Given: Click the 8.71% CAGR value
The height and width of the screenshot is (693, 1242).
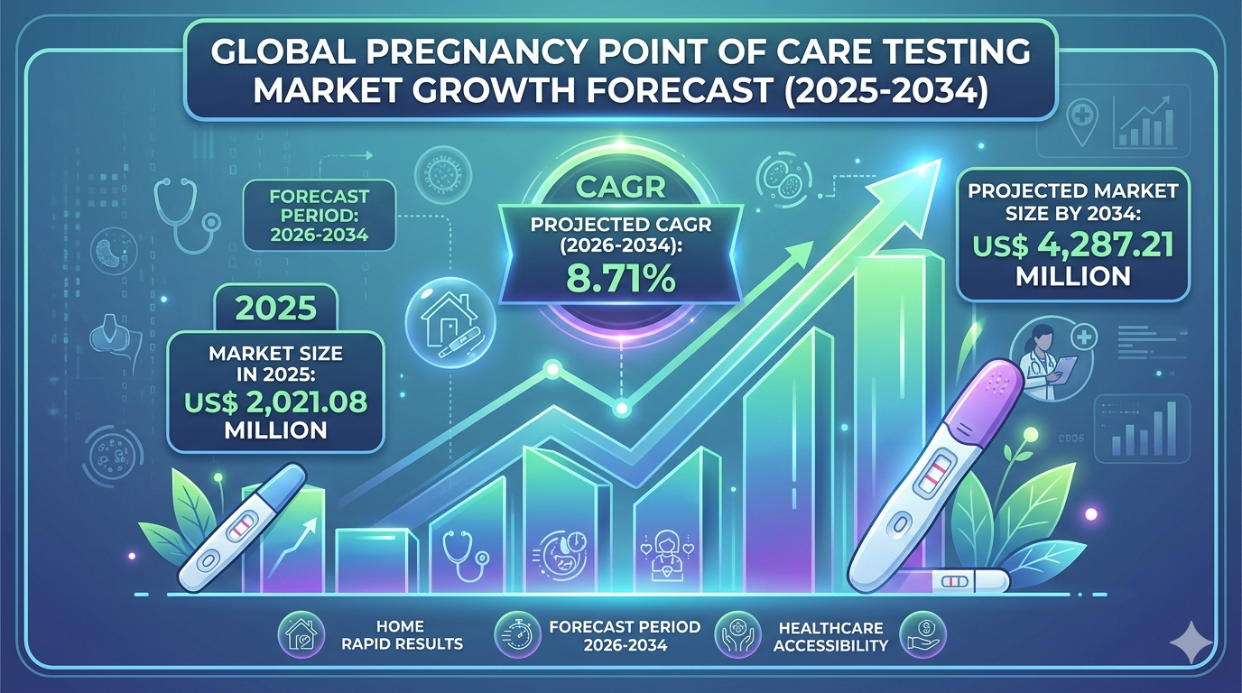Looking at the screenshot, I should (621, 279).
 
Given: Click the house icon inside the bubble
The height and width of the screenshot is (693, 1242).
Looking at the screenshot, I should (448, 317).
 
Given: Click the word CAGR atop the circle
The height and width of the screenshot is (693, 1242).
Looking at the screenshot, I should (621, 189).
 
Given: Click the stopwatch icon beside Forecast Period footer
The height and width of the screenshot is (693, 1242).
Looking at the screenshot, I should (517, 634).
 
